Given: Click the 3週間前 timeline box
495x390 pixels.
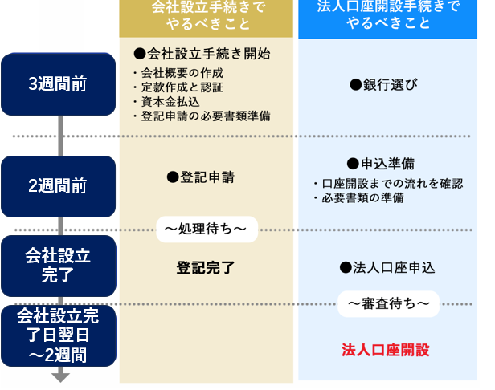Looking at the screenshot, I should coord(58,83).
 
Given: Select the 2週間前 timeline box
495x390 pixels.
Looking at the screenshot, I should coord(58,185).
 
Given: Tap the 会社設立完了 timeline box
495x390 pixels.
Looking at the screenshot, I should coord(58,266).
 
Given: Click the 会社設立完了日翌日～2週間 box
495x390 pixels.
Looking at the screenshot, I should coord(58,335).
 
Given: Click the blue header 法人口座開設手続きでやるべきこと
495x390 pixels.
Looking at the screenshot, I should coord(389,16).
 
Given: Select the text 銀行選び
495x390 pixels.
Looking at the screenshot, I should coord(383,85).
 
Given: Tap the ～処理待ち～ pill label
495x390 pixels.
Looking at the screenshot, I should coord(207,230).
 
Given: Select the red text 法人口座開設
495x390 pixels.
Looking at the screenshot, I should coord(386,350).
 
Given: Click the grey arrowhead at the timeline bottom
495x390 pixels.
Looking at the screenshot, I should coord(61,377).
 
